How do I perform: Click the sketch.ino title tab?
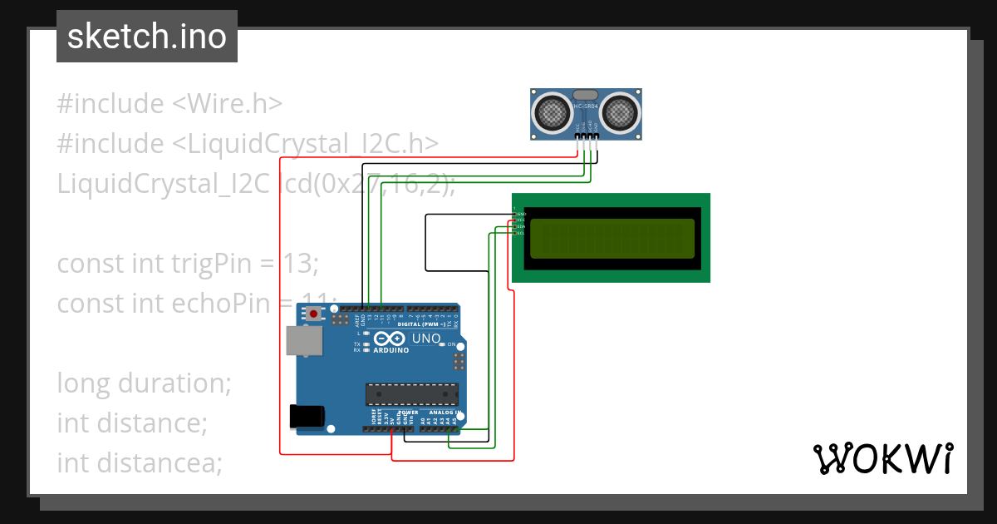pyautogui.click(x=147, y=37)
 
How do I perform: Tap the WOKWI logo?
pyautogui.click(x=882, y=458)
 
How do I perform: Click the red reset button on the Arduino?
pyautogui.click(x=313, y=314)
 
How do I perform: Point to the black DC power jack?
pyautogui.click(x=302, y=417)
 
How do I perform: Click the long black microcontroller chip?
pyautogui.click(x=412, y=393)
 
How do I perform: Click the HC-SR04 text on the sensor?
pyautogui.click(x=586, y=106)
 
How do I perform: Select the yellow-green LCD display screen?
pyautogui.click(x=611, y=238)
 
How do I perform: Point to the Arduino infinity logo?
pyautogui.click(x=389, y=339)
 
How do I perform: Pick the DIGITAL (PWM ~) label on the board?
pyautogui.click(x=425, y=324)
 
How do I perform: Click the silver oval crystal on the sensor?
pyautogui.click(x=586, y=94)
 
